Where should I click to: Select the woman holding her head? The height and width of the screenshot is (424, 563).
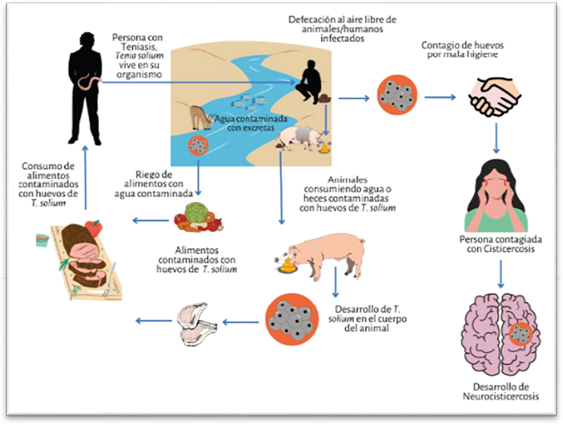pos(496,195)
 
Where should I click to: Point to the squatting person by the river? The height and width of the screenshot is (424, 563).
pos(309,82)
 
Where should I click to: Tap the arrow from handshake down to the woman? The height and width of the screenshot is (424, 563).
pos(496,138)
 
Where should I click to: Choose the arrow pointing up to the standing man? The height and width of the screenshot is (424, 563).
pos(85,177)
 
